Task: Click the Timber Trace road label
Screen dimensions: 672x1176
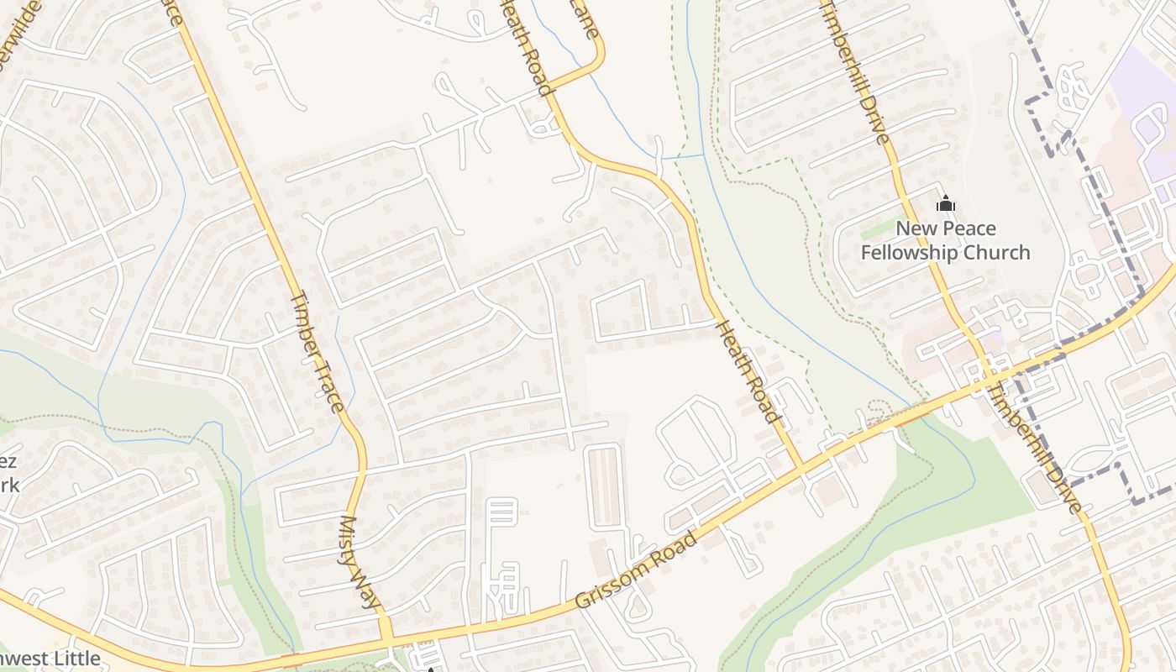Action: [x=317, y=352]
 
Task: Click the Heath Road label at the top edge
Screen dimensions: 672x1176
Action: [x=528, y=46]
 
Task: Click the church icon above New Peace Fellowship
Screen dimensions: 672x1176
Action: [x=946, y=203]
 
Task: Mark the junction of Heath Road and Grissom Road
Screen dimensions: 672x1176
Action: [x=802, y=467]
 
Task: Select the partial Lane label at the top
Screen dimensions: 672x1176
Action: [x=585, y=18]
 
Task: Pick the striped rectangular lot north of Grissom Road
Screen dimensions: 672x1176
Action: [x=605, y=486]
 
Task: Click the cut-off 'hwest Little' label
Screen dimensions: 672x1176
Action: [x=50, y=659]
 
